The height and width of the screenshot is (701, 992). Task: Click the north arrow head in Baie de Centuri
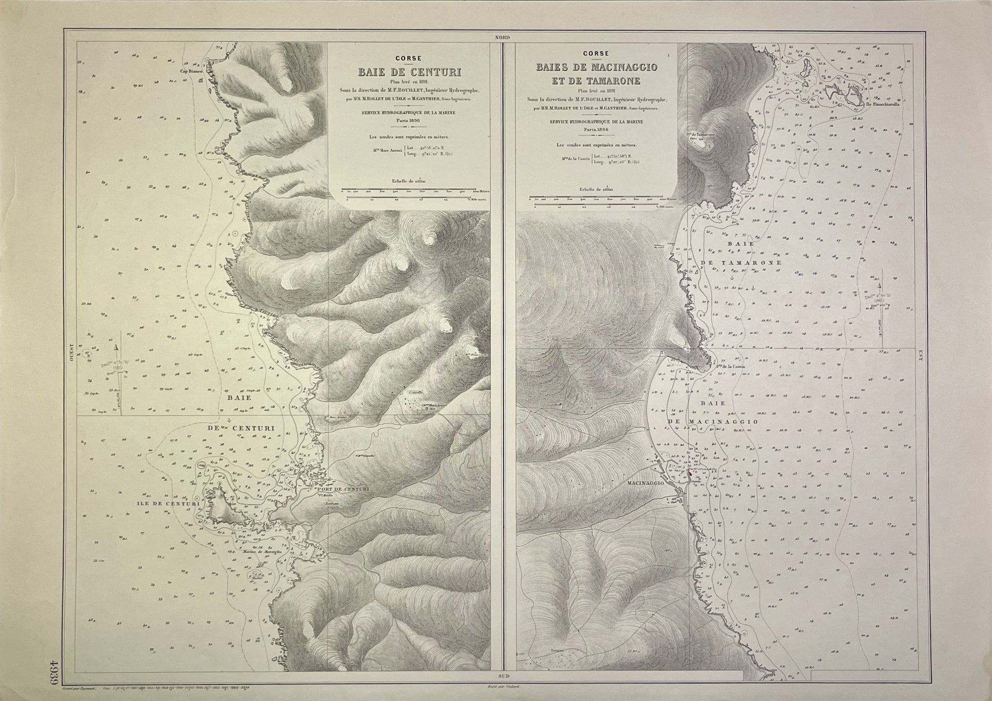point(117,347)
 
